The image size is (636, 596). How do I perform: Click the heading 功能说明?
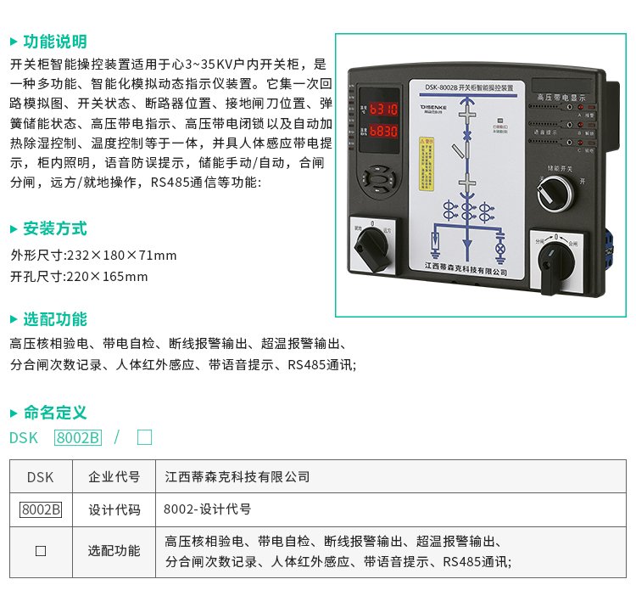click(x=54, y=42)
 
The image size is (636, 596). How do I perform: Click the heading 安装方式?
click(x=54, y=228)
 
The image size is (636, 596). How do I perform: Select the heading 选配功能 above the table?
click(x=54, y=319)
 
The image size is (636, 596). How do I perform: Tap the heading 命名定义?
click(x=54, y=413)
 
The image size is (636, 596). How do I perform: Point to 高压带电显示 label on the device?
click(x=560, y=98)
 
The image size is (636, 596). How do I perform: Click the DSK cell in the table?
click(x=40, y=476)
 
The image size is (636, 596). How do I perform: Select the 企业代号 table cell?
click(x=114, y=476)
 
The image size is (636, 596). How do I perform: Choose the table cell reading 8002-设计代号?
click(x=208, y=509)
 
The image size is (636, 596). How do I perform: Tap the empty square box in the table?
click(x=40, y=551)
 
